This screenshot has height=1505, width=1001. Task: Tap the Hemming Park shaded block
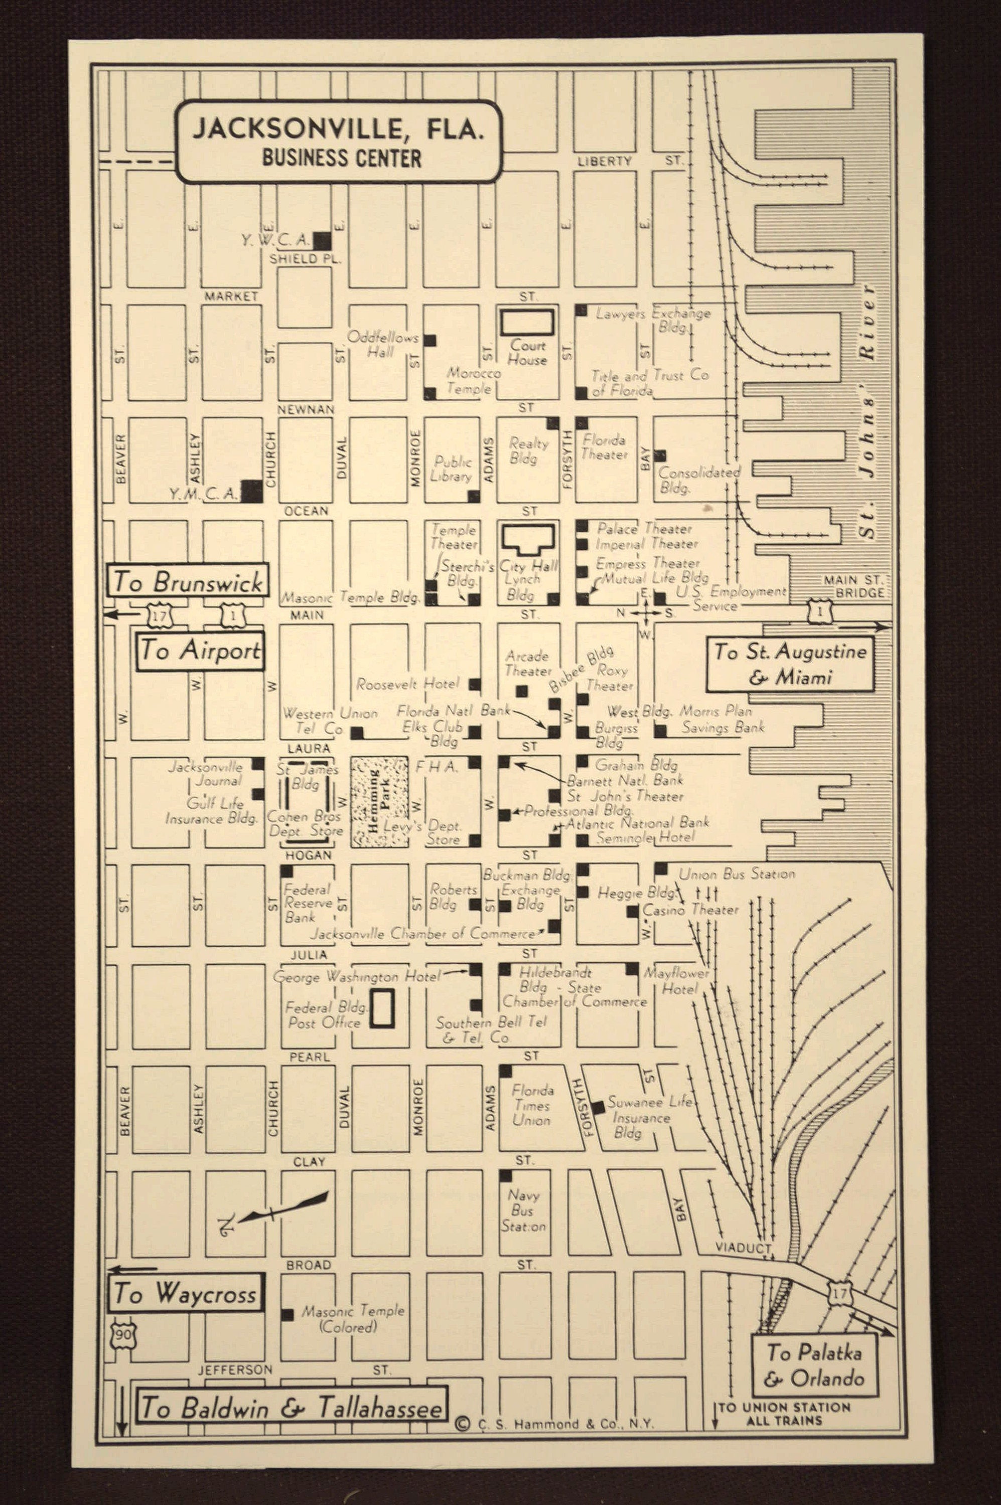379,802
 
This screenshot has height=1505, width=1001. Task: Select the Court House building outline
527,323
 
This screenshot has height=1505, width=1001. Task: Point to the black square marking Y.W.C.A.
322,241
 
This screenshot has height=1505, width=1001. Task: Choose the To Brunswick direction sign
188,581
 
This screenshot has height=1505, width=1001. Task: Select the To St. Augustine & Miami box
790,664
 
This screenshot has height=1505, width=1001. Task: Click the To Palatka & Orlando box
814,1365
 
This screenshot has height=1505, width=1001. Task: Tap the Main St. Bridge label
853,586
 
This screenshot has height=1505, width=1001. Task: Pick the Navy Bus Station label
523,1210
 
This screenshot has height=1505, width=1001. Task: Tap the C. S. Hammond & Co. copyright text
555,1424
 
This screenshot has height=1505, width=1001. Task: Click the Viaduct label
743,1247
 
